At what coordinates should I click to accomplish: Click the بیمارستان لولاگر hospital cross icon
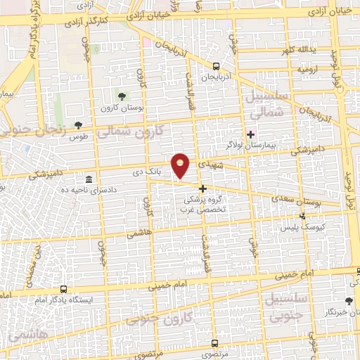[251, 134]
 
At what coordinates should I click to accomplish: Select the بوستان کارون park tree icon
[123, 97]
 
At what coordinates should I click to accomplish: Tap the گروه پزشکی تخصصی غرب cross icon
[202, 188]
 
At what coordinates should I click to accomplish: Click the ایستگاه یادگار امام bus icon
[64, 289]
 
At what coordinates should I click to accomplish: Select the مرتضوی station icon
[215, 344]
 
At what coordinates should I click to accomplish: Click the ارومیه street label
[309, 71]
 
